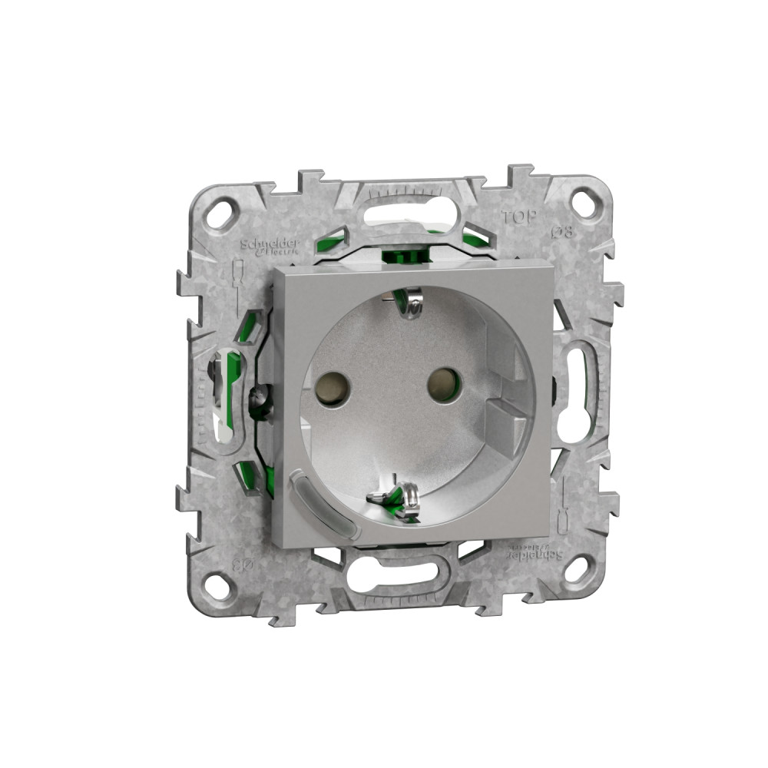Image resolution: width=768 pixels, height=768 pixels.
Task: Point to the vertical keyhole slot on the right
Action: [x=574, y=394]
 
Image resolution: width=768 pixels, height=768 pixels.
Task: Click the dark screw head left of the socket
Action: [x=261, y=400]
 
